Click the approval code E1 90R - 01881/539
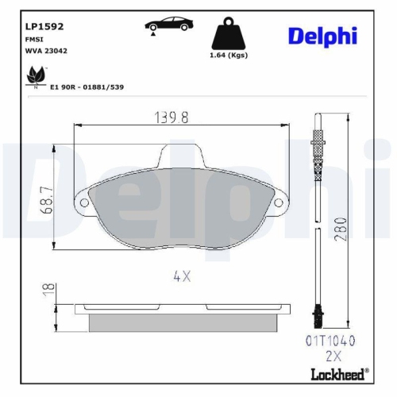[88, 87]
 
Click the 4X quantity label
[182, 276]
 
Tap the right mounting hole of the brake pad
[279, 204]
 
